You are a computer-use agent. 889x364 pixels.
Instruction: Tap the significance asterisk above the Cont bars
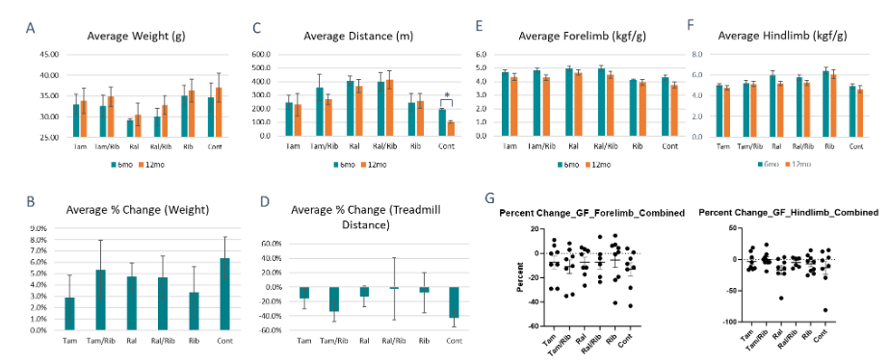445,94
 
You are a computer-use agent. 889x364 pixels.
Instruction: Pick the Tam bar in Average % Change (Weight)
69,313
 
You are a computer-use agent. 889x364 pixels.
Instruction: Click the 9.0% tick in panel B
38,229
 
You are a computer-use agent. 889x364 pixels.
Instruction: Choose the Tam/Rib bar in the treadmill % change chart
333,299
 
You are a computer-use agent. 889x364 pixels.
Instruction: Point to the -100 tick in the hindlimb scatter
716,322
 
